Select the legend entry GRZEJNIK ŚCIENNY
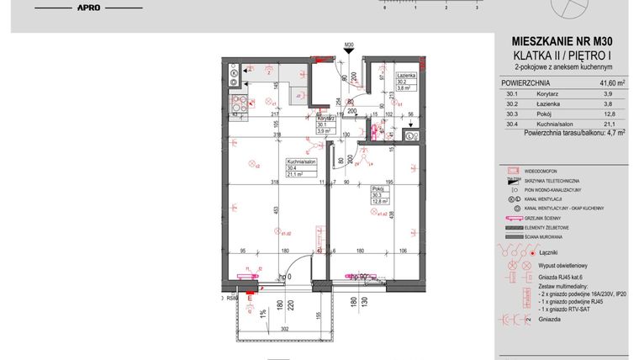[551, 218]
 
